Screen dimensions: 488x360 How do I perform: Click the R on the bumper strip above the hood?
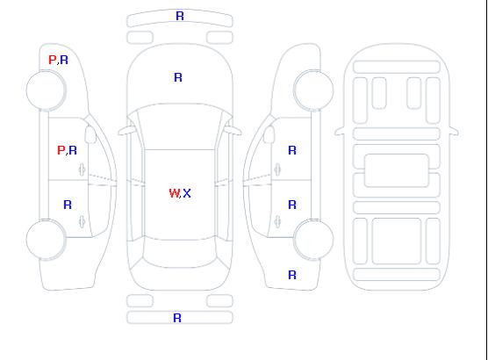tap(180, 16)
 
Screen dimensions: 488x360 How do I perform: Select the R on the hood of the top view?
tap(178, 77)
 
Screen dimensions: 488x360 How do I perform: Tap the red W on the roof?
tap(175, 193)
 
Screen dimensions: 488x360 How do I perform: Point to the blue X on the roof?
tap(187, 193)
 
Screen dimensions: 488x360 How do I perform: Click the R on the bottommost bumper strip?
tap(177, 318)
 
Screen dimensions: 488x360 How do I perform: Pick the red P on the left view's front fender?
tap(53, 60)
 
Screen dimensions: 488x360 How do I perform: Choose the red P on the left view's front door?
tap(61, 150)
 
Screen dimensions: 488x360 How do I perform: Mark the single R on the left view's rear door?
tap(68, 205)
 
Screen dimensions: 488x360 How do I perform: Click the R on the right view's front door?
tap(292, 150)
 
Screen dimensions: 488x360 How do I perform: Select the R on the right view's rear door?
tap(292, 205)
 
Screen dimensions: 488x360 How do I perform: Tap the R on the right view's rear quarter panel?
tap(292, 275)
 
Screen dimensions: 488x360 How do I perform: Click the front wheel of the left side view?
tap(46, 90)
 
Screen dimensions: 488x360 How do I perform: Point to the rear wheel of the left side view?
tap(46, 240)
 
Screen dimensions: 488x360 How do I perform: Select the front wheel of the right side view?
tap(313, 90)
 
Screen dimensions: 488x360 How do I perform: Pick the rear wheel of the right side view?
tap(313, 240)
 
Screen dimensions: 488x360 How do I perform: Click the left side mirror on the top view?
tap(126, 131)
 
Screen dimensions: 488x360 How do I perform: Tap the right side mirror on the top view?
tap(233, 131)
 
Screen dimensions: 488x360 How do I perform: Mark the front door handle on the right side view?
tap(277, 169)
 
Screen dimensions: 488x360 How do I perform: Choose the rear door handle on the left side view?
tap(83, 221)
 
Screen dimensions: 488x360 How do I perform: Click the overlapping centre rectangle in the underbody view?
tap(397, 170)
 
